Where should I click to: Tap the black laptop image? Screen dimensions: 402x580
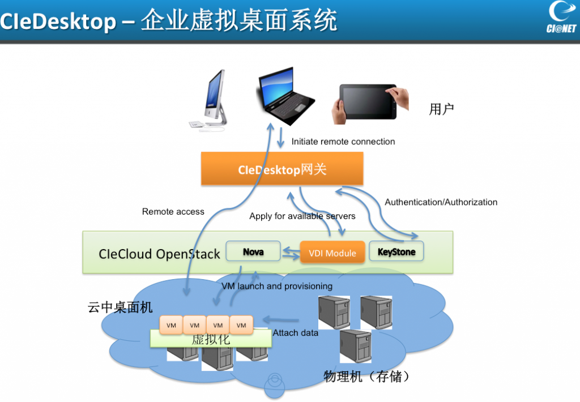tap(287, 96)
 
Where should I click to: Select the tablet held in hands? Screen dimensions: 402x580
tap(371, 102)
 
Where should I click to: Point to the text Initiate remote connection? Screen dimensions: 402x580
tap(343, 142)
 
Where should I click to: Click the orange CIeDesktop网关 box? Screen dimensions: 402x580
tap(282, 169)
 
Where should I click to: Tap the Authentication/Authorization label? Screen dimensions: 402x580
tap(441, 202)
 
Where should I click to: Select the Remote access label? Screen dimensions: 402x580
tap(173, 212)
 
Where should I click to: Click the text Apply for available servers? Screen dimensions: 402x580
tap(302, 216)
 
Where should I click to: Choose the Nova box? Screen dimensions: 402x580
tap(253, 251)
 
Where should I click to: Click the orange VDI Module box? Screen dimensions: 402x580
tap(332, 253)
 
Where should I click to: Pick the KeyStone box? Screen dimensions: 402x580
tap(396, 251)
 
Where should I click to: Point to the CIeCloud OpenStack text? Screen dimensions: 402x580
tap(159, 254)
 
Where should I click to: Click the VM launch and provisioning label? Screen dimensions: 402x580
tap(277, 286)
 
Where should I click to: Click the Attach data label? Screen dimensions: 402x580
tap(295, 333)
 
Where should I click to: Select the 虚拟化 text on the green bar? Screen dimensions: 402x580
tap(210, 340)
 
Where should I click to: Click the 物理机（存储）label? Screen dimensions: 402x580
tap(366, 376)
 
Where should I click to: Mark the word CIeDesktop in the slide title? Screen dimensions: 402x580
tap(58, 22)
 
